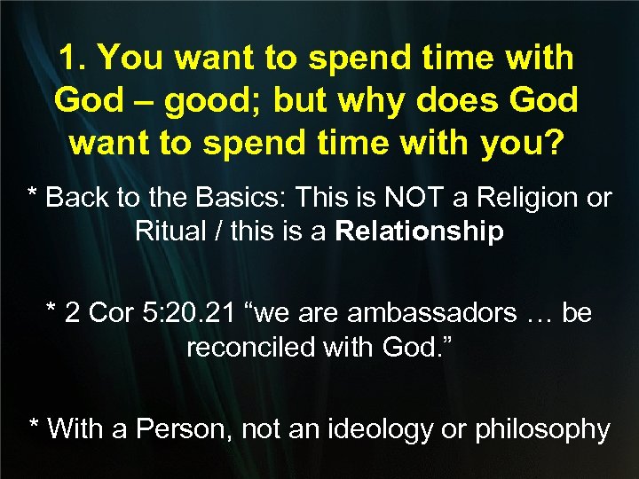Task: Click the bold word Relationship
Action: (420, 232)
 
